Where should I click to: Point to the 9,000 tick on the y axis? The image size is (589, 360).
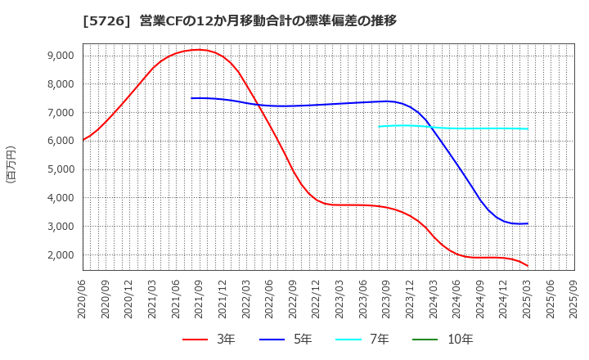click(61, 56)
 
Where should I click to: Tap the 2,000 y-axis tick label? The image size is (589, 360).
click(61, 255)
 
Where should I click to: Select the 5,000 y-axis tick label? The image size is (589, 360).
click(61, 169)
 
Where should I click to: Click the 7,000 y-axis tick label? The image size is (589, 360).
click(61, 112)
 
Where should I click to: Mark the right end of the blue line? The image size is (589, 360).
click(527, 223)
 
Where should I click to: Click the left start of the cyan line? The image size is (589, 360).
click(379, 126)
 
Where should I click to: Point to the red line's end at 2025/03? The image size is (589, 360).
click(527, 266)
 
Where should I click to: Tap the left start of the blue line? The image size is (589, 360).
click(191, 98)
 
